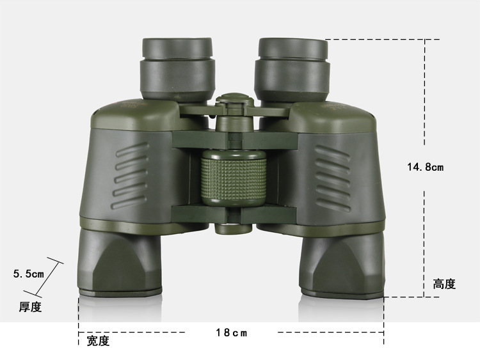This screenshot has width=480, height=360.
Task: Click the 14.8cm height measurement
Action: click(x=425, y=167)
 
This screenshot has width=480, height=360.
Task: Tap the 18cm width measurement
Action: click(x=232, y=333)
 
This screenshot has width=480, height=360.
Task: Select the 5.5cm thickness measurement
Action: click(x=28, y=274)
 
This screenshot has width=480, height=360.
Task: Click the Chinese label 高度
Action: click(x=444, y=284)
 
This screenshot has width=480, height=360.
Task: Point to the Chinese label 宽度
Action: click(x=98, y=341)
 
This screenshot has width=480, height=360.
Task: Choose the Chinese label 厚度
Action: click(x=30, y=307)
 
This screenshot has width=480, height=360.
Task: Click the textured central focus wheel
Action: click(x=234, y=177)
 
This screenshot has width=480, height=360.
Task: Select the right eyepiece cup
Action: click(x=292, y=70)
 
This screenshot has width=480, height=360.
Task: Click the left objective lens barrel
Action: click(x=120, y=263)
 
